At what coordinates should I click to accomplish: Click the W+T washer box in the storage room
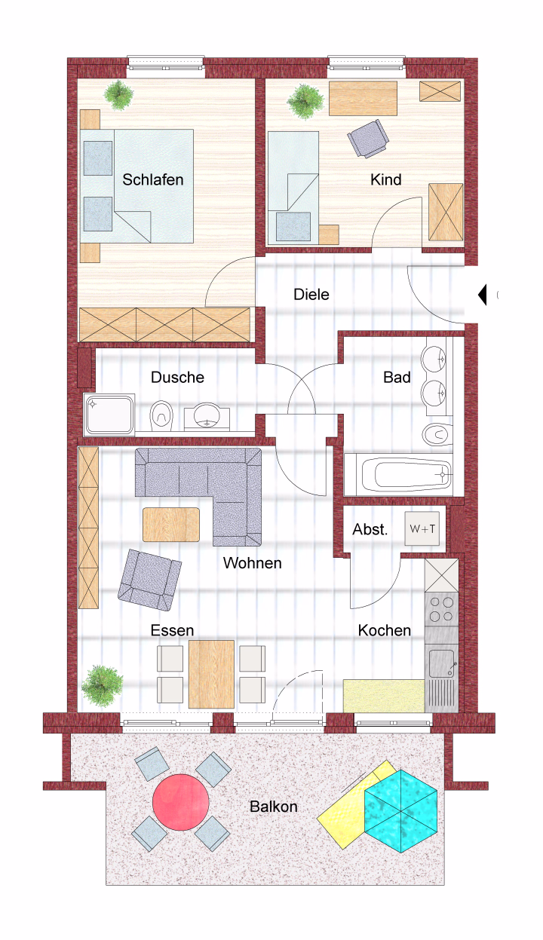(x=422, y=528)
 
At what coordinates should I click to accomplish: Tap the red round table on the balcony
(x=180, y=801)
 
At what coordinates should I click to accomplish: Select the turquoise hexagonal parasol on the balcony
(x=400, y=811)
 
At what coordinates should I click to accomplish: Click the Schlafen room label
(x=153, y=179)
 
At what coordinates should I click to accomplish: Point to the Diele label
(x=311, y=294)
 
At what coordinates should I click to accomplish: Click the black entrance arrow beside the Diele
(x=483, y=295)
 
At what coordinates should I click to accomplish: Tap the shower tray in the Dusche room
(x=109, y=415)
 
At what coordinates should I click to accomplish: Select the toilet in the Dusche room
(x=161, y=416)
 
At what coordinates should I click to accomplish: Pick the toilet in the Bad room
(x=437, y=434)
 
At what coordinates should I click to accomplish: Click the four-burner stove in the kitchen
(x=441, y=609)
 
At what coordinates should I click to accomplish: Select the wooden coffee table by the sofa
(x=171, y=525)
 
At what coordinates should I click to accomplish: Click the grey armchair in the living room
(x=149, y=580)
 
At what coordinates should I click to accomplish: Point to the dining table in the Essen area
(x=211, y=674)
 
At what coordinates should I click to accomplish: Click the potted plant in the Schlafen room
(x=119, y=94)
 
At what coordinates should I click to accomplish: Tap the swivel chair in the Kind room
(x=368, y=139)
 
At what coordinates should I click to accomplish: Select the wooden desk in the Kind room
(x=363, y=99)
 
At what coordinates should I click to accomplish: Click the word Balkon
(x=274, y=806)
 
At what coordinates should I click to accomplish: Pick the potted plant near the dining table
(x=102, y=686)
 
